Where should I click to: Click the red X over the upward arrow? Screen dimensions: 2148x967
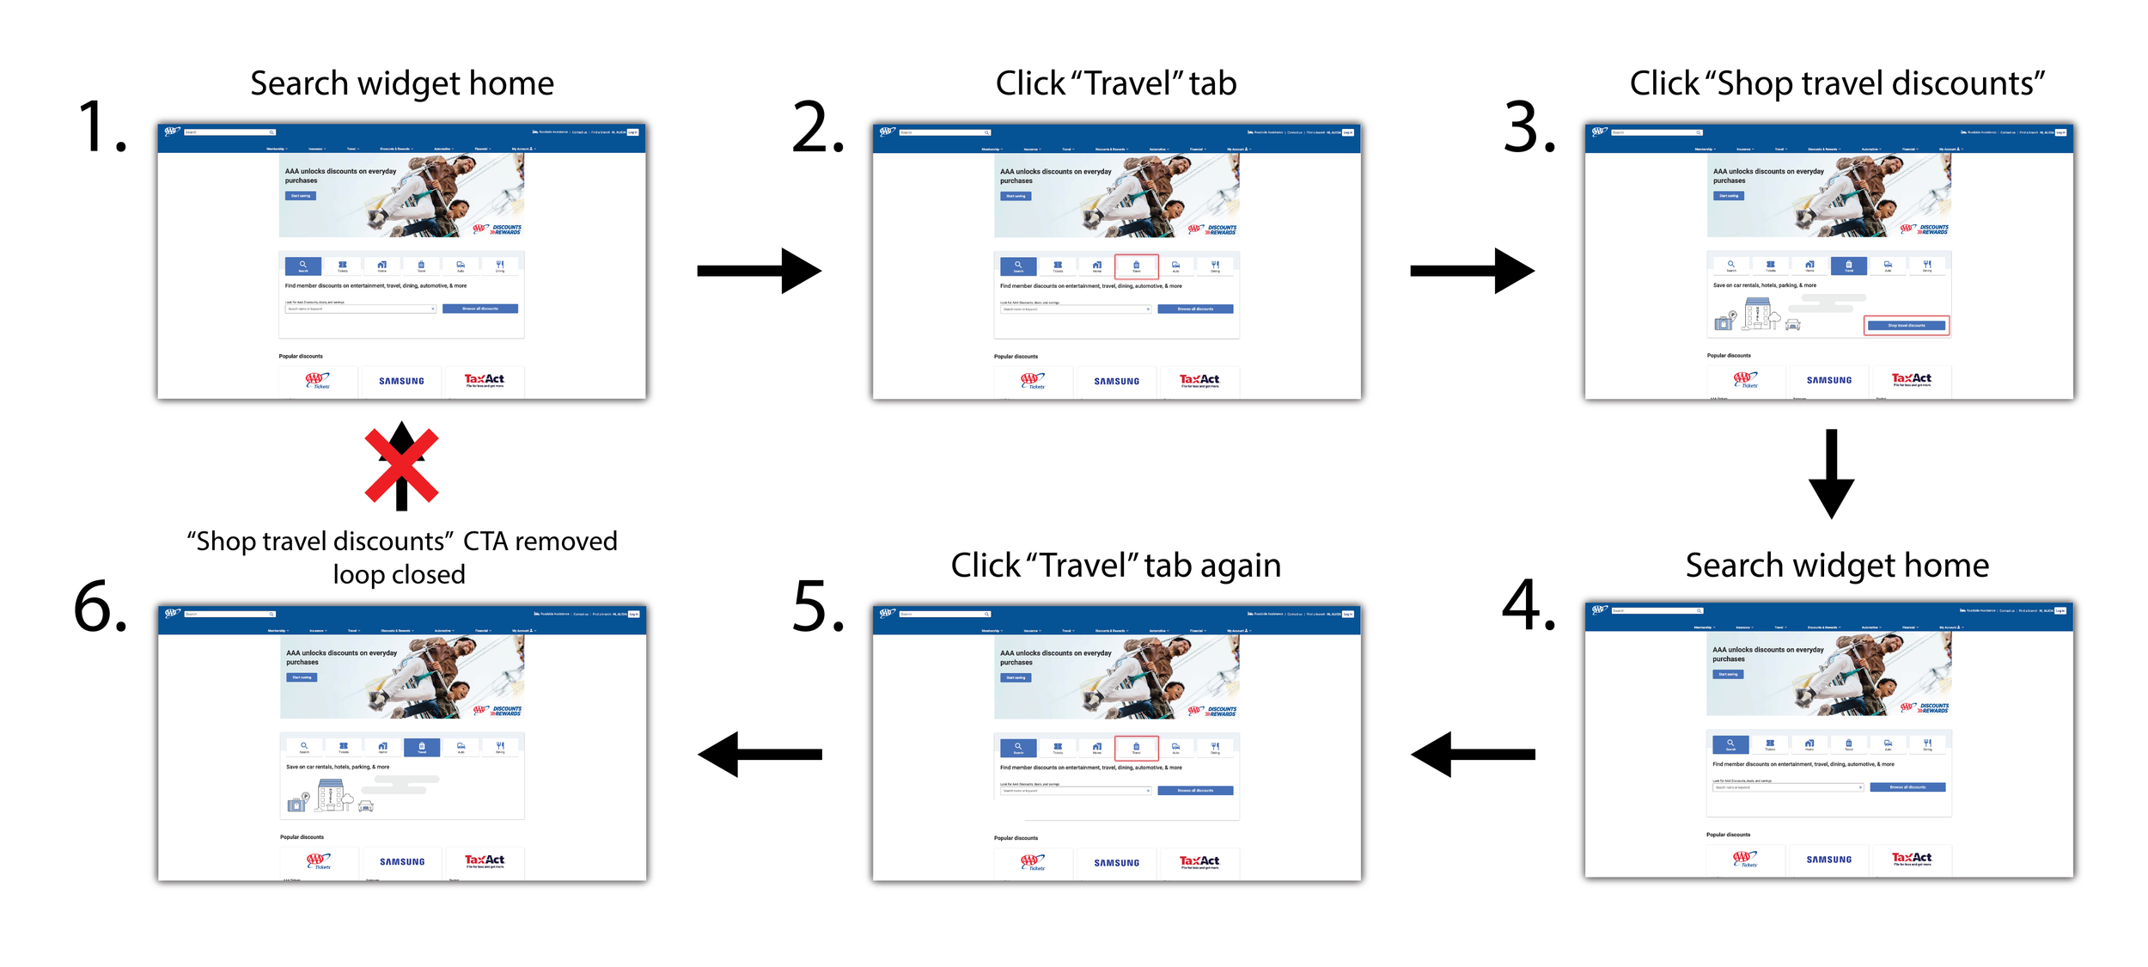point(401,467)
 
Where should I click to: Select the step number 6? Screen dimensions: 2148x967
point(101,606)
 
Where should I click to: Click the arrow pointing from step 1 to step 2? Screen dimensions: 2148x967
point(759,271)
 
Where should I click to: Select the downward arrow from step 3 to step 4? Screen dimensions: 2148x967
point(1831,474)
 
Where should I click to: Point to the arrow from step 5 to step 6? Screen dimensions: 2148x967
point(760,754)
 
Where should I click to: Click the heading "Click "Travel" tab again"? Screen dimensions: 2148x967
point(1115,566)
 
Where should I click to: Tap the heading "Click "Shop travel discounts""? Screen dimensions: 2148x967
point(1837,83)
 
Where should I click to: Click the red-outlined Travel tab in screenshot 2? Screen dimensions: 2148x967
point(1136,266)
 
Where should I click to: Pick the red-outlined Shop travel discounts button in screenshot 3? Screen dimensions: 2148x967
point(1906,326)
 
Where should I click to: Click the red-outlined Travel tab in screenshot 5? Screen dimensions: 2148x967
point(1136,748)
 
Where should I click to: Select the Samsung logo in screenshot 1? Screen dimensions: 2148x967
point(401,381)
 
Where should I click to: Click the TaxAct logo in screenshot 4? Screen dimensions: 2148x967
point(1912,858)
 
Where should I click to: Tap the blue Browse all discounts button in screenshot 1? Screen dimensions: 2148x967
point(479,309)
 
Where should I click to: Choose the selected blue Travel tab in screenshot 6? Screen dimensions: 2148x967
point(422,747)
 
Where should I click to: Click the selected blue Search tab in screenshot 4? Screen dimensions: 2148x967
point(1730,744)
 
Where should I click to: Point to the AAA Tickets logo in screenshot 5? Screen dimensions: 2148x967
point(1033,861)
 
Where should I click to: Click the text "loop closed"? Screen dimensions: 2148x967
point(399,574)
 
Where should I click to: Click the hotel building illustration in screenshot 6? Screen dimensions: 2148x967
point(330,795)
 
